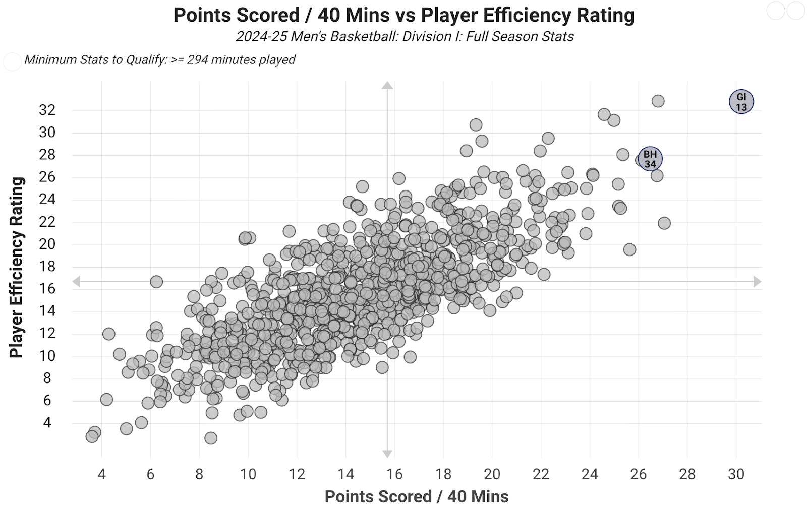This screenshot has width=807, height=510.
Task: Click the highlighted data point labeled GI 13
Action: point(741,102)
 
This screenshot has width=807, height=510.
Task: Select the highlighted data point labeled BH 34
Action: point(650,159)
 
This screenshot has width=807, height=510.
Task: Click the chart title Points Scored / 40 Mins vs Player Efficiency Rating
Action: point(403,15)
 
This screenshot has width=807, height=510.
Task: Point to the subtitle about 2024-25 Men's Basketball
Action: point(405,37)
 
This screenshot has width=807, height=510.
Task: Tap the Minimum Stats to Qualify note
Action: point(159,60)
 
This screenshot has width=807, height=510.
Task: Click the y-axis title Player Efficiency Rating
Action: point(17,267)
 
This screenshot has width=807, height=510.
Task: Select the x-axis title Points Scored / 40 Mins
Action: point(416,497)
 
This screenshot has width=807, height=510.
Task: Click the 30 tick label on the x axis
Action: point(736,474)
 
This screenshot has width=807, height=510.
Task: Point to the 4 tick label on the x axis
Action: point(102,474)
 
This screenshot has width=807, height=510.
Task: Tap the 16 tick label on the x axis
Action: point(394,474)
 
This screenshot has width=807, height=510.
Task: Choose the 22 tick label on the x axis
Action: point(541,474)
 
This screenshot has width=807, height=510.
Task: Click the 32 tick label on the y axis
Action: point(47,110)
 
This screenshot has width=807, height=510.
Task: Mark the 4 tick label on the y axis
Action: point(47,422)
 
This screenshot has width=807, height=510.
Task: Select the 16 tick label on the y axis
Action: point(47,289)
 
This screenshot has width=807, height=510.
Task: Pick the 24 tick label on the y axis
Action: point(47,200)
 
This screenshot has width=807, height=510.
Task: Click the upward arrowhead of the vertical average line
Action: point(387,85)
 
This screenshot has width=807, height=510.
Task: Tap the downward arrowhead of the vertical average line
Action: point(387,454)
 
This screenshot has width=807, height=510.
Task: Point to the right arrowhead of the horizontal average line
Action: point(757,282)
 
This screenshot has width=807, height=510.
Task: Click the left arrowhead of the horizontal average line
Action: point(76,282)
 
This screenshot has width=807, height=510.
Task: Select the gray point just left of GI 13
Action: point(658,101)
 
